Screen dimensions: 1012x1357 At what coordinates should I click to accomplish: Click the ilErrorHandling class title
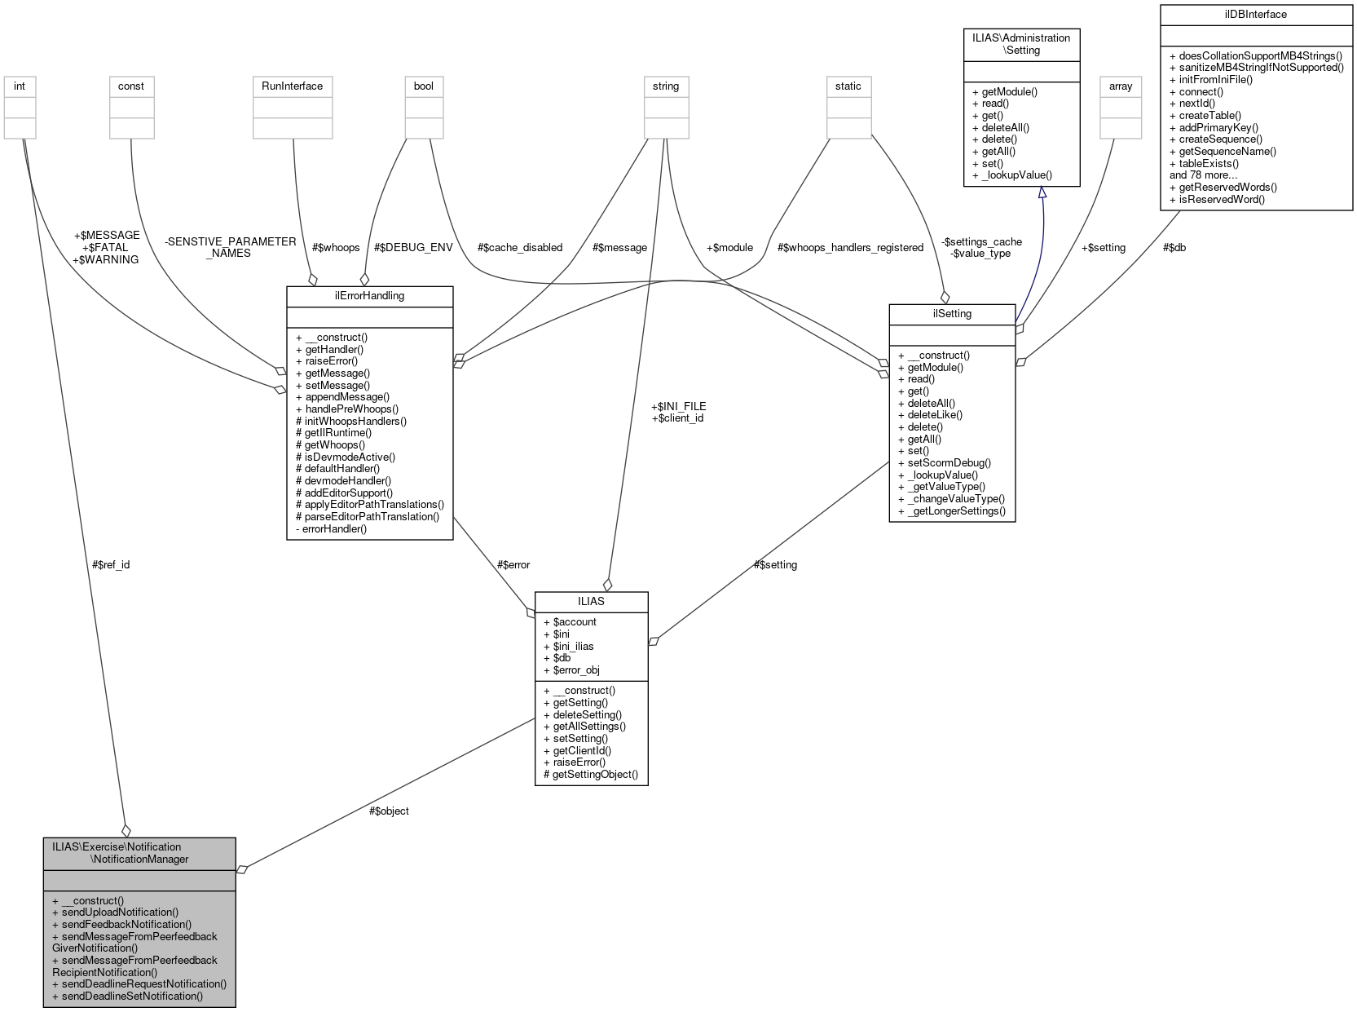click(369, 296)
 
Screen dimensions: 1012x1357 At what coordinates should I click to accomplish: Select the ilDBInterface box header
click(1255, 15)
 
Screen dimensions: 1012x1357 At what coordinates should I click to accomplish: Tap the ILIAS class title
click(591, 602)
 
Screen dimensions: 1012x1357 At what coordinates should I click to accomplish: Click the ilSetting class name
click(951, 314)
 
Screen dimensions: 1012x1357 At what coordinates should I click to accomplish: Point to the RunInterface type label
click(292, 86)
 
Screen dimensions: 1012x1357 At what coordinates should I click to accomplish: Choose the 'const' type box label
click(131, 86)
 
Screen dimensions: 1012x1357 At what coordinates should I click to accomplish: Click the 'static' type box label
click(848, 86)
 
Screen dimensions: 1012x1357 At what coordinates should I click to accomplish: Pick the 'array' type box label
click(1121, 86)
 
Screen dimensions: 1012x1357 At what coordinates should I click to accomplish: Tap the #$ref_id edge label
click(111, 565)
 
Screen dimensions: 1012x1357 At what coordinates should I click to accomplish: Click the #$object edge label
click(389, 811)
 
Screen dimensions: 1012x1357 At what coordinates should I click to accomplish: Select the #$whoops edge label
click(336, 248)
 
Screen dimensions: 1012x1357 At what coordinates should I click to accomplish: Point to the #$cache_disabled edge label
click(520, 248)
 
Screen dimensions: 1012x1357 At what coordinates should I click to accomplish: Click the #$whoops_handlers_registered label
click(850, 248)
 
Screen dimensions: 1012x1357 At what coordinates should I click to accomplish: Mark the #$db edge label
click(1174, 248)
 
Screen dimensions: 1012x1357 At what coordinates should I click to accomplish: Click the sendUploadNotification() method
click(120, 913)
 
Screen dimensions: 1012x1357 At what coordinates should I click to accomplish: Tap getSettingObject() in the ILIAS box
click(595, 775)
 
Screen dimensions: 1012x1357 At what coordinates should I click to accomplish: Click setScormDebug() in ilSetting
click(949, 463)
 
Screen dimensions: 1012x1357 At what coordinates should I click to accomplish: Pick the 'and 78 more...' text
click(1203, 175)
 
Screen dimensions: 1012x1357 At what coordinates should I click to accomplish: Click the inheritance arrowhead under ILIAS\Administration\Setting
click(1041, 193)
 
